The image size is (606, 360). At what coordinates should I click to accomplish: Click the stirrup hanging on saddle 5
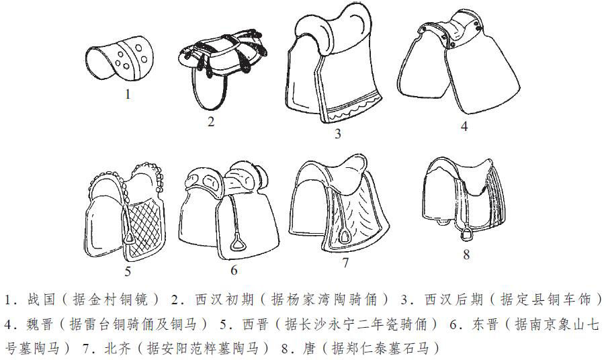[129, 238]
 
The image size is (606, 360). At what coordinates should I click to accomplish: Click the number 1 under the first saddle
[128, 94]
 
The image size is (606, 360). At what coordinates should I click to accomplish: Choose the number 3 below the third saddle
[338, 134]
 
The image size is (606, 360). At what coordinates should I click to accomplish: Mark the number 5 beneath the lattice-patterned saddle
[128, 272]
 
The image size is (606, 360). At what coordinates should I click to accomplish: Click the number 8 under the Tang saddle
[466, 255]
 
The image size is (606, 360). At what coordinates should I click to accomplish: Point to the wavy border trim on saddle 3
[349, 107]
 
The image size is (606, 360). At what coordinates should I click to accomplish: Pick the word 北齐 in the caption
[120, 349]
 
